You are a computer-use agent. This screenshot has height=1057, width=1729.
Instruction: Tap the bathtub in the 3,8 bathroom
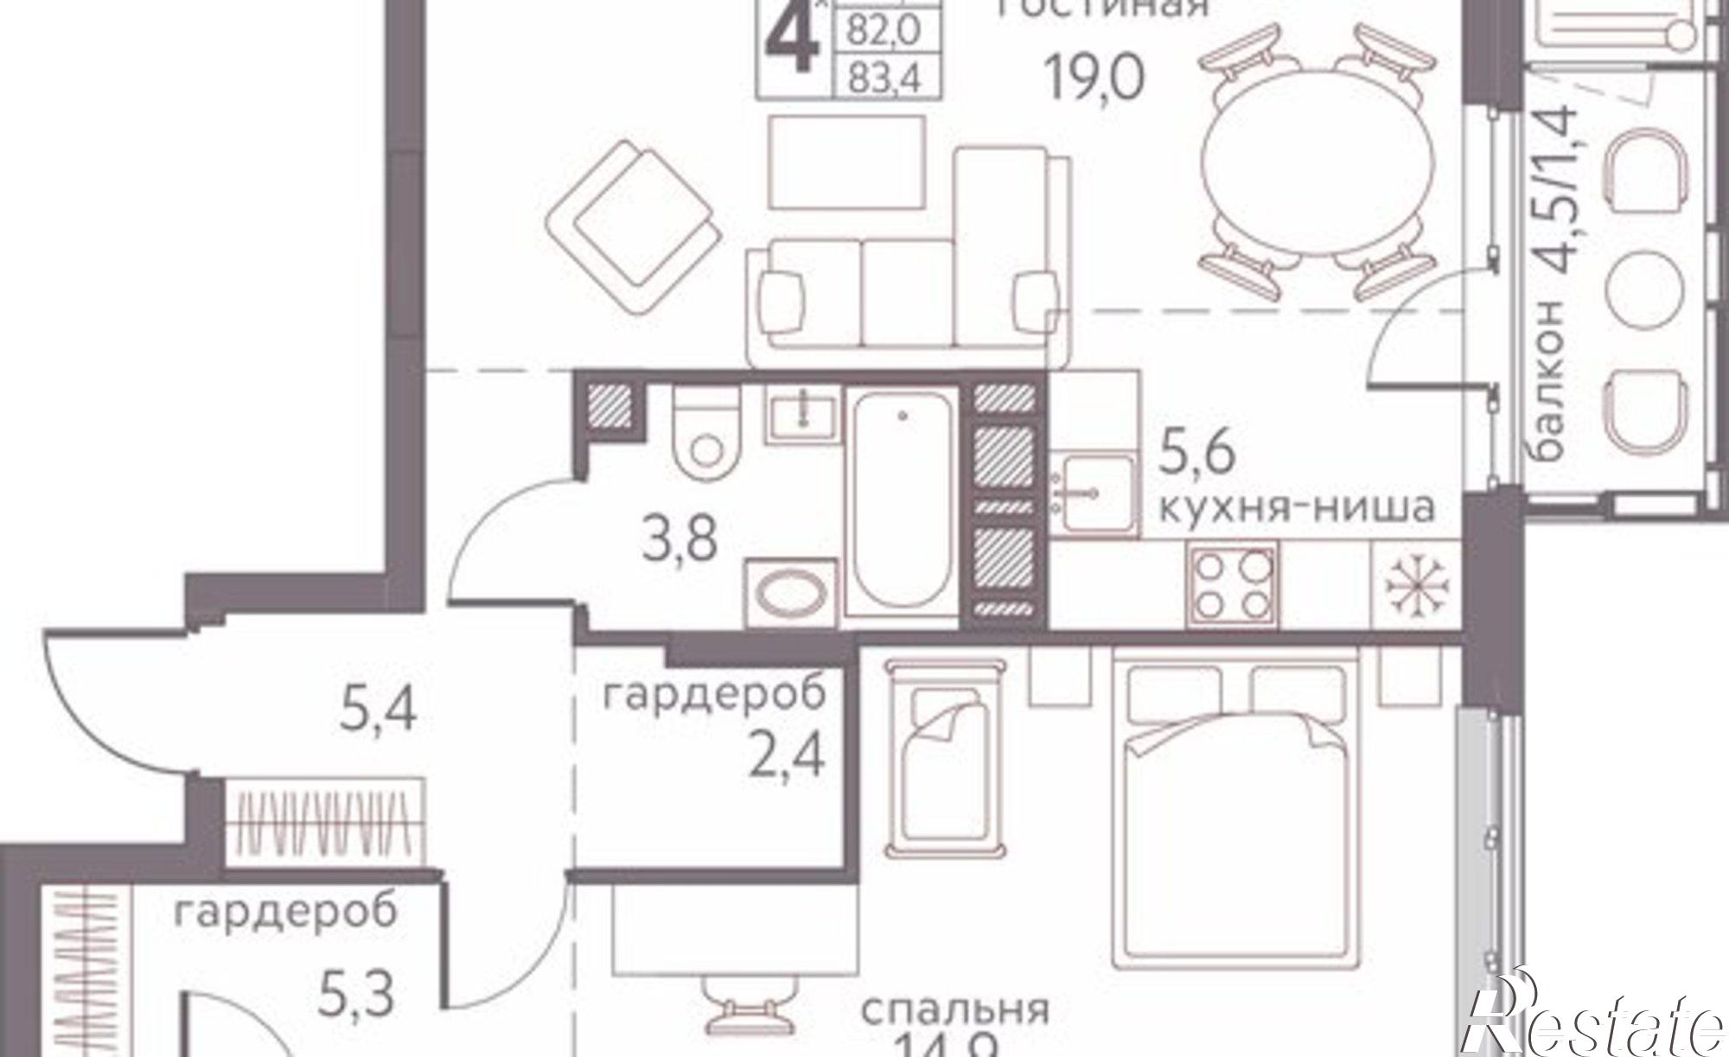pos(903,501)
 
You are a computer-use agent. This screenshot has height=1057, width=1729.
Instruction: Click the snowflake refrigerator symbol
pos(1416,585)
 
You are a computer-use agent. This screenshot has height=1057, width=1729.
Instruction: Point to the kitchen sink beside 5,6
pos(1091,493)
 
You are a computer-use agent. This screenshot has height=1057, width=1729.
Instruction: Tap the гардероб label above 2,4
pos(714,695)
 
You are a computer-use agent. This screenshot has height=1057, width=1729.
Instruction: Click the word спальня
pos(954,1009)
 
